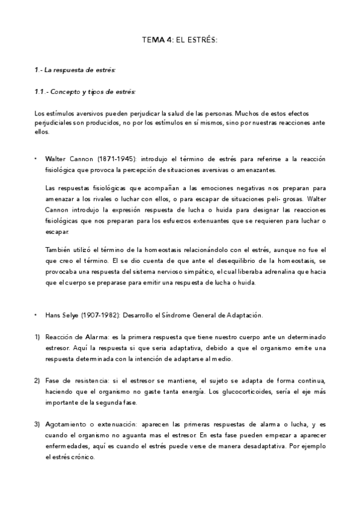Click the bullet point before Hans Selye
(37, 315)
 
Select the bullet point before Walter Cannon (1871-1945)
(37, 159)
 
